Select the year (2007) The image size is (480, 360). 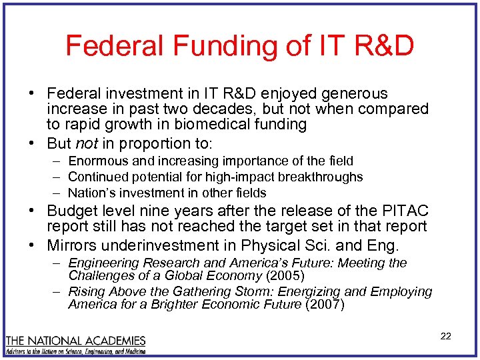pyautogui.click(x=324, y=305)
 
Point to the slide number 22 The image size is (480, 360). pyautogui.click(x=445, y=336)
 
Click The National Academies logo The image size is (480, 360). pyautogui.click(x=75, y=344)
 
